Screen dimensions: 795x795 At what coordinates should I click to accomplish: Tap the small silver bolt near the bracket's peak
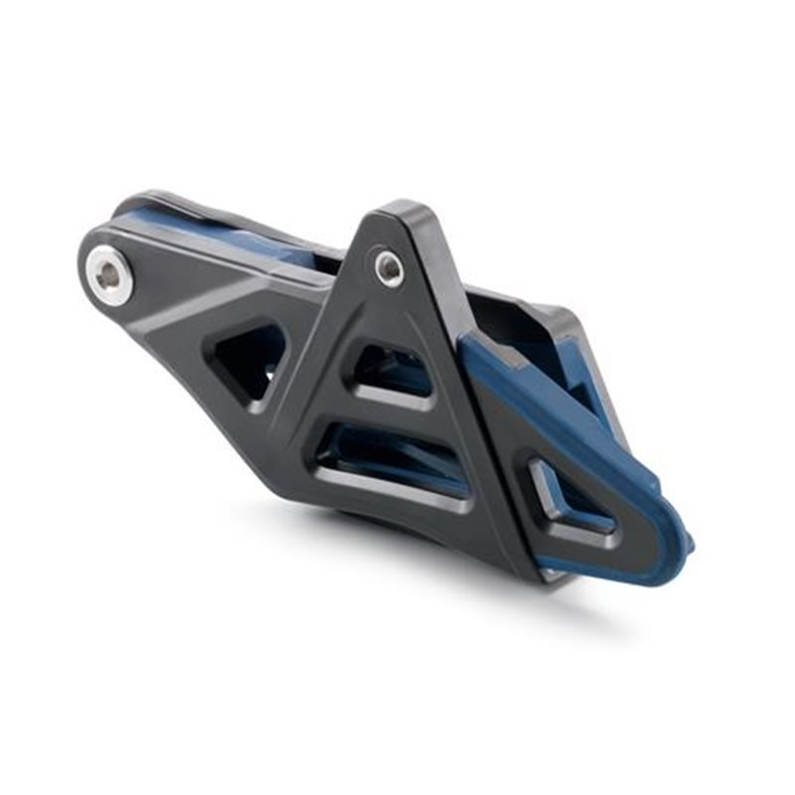tap(389, 267)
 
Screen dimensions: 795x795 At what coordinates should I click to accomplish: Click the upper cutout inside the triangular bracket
tap(393, 372)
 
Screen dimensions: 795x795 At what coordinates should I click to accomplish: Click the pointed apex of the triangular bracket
tap(402, 211)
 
